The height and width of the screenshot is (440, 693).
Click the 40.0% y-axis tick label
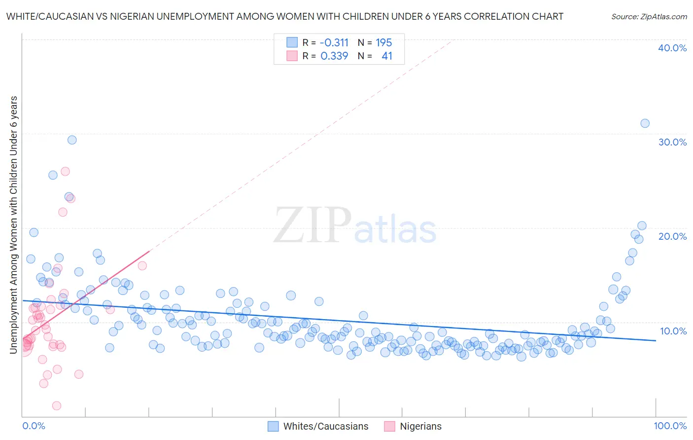tap(672, 48)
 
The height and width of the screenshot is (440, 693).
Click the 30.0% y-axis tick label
tap(672, 142)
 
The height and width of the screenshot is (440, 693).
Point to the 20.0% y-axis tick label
tap(672, 236)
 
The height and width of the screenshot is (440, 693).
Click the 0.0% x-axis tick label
tap(34, 426)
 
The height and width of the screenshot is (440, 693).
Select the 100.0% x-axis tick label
tap(670, 426)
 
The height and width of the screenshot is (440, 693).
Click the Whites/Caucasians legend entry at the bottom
tap(326, 426)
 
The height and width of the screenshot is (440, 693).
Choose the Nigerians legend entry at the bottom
tap(420, 426)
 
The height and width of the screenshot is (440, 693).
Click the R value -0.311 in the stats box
tap(334, 43)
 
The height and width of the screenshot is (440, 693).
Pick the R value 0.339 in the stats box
tap(334, 56)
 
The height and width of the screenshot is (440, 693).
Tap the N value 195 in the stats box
tap(383, 43)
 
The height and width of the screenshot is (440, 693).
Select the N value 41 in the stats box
tap(387, 56)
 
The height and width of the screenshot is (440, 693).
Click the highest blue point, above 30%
tap(645, 123)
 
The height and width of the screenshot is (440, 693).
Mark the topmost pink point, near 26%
tap(65, 172)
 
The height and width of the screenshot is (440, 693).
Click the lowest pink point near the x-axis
tap(57, 405)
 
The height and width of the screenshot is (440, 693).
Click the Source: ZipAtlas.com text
tap(649, 17)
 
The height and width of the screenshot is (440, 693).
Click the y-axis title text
tap(14, 225)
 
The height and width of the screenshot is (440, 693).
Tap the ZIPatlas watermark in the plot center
tap(355, 226)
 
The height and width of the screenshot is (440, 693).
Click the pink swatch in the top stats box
tap(292, 56)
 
